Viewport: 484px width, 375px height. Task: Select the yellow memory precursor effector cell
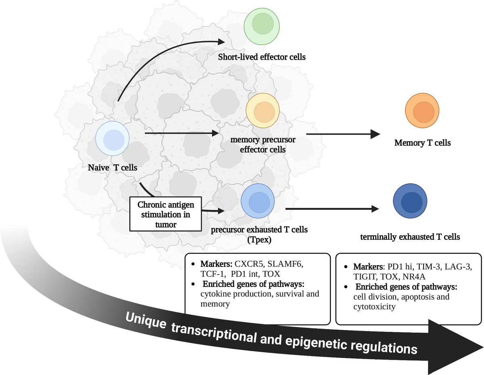click(263, 111)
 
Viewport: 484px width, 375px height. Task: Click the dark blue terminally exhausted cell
click(410, 201)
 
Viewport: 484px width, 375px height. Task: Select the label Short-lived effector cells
click(262, 57)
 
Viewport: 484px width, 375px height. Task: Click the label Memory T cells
click(422, 142)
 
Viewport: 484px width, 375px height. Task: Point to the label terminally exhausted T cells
click(410, 237)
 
